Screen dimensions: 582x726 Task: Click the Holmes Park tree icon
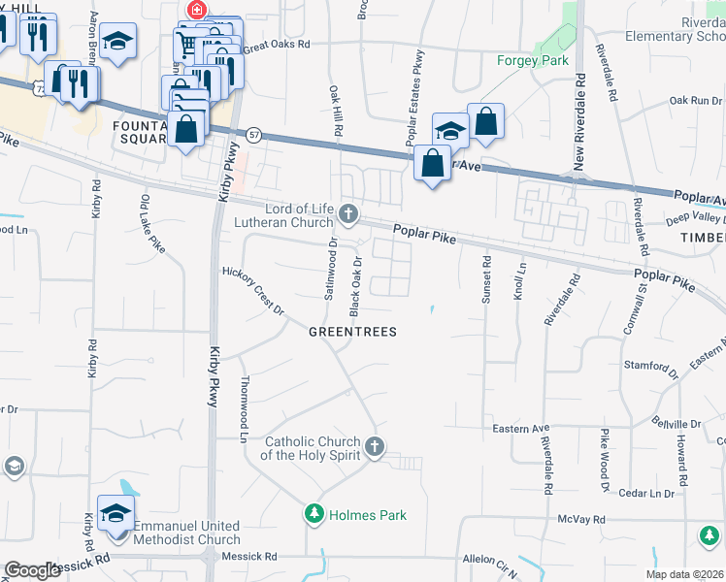click(313, 514)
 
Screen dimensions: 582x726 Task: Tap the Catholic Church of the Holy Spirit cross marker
click(376, 447)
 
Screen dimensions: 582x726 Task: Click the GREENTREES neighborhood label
click(352, 332)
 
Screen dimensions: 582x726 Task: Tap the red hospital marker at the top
click(197, 10)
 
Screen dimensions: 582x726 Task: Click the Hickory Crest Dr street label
click(252, 291)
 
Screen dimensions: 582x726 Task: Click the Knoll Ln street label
click(521, 280)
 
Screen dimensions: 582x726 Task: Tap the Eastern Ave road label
click(521, 428)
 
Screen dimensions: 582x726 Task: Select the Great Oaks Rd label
click(277, 45)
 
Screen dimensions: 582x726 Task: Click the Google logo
click(32, 570)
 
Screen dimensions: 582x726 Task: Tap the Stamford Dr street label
click(652, 369)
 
